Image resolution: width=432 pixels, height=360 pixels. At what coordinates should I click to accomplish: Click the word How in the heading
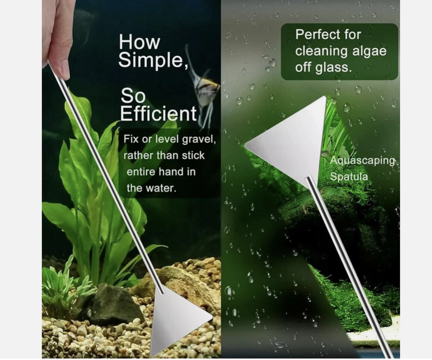(x=139, y=42)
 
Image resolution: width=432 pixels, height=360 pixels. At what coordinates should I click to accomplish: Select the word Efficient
(x=158, y=114)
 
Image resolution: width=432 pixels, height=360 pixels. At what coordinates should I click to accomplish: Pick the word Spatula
(x=349, y=177)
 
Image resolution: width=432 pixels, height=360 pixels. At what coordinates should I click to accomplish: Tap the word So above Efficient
(x=133, y=96)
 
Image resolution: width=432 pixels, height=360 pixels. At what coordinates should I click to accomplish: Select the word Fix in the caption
(x=131, y=139)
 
